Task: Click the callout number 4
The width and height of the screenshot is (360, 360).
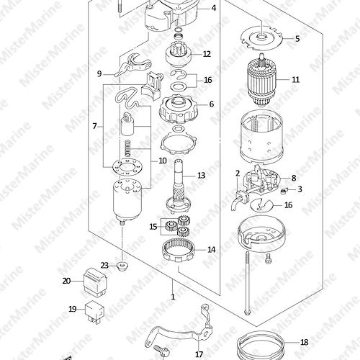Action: [x=214, y=8]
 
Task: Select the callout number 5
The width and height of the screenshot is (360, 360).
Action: [x=297, y=39]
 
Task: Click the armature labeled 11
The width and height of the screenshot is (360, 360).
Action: [x=261, y=81]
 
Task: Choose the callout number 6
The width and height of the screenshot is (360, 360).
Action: [x=211, y=104]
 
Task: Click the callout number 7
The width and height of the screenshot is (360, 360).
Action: [x=95, y=126]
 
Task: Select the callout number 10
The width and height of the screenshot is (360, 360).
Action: [x=163, y=161]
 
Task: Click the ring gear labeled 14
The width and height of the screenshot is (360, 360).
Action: [x=179, y=251]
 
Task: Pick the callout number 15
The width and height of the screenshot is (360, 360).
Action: [x=153, y=227]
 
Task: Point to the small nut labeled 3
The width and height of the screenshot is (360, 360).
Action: [x=284, y=191]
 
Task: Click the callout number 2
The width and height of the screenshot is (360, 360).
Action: [x=238, y=173]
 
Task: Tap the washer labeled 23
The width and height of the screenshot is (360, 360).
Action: [x=122, y=266]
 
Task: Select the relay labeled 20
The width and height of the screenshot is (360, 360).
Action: [x=95, y=281]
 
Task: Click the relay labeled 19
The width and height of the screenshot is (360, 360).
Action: [x=95, y=312]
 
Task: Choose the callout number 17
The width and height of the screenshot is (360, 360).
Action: [x=199, y=354]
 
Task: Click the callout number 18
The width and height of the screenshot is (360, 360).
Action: [x=305, y=342]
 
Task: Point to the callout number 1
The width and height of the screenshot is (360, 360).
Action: [x=173, y=297]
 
